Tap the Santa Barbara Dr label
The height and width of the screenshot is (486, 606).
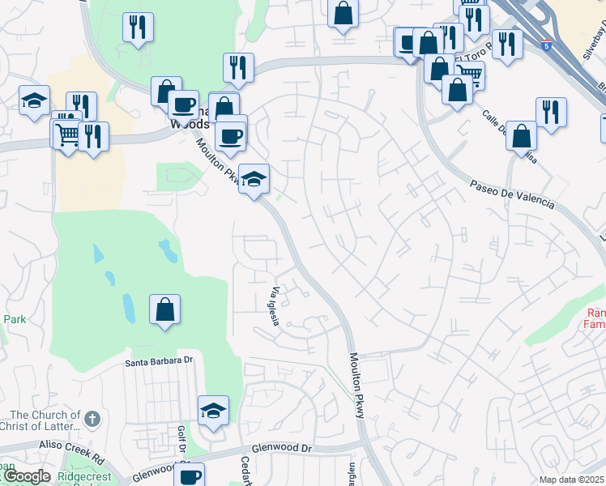pos(160,361)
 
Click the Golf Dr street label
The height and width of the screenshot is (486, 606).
pos(181,441)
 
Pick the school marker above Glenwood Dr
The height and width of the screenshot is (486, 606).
pos(213,410)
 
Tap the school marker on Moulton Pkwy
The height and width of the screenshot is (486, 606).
pos(254,180)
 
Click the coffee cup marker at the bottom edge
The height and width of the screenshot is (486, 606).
pos(189,475)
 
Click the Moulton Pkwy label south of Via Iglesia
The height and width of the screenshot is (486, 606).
pos(356,385)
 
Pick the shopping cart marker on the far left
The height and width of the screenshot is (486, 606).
pos(67,133)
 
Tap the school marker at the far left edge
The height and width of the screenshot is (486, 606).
pos(34,101)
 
